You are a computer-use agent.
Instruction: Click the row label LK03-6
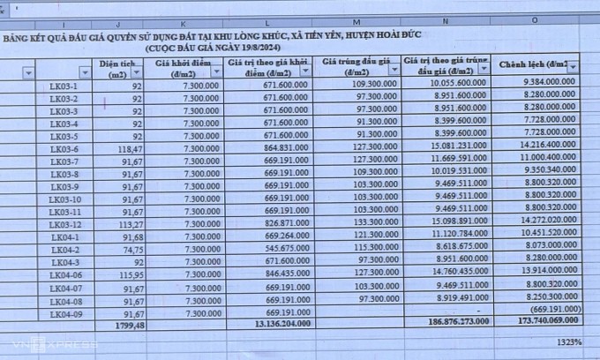pyautogui.click(x=64, y=150)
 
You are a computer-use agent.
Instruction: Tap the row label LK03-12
pyautogui.click(x=65, y=225)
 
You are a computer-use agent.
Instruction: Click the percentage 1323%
pyautogui.click(x=568, y=341)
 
